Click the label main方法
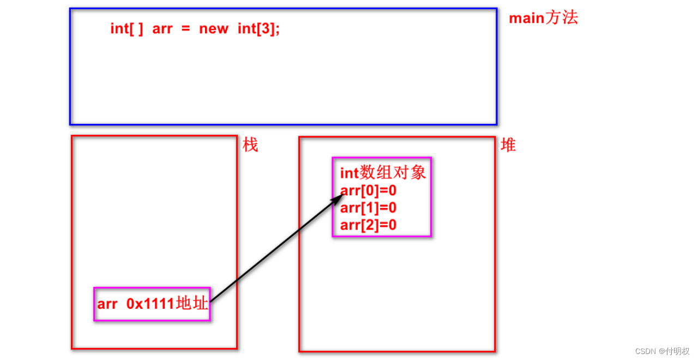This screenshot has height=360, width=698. click(543, 18)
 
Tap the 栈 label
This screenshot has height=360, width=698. click(250, 145)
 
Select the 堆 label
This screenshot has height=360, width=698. click(508, 145)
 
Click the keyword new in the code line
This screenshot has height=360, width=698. click(213, 28)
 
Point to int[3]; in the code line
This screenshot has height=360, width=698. click(258, 28)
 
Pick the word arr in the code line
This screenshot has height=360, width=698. click(163, 28)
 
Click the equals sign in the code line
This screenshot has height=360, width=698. click(186, 29)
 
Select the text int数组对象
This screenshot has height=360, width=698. click(383, 173)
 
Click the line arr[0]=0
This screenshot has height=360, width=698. click(368, 190)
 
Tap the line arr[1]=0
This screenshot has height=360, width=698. click(368, 207)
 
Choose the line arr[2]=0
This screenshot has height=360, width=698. click(368, 224)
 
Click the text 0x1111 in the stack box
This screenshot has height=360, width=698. click(151, 304)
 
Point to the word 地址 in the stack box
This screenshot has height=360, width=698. click(192, 303)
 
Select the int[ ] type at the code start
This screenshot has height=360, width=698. click(127, 28)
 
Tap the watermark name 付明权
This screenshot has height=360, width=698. click(678, 351)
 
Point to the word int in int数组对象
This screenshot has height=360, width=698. click(349, 173)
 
